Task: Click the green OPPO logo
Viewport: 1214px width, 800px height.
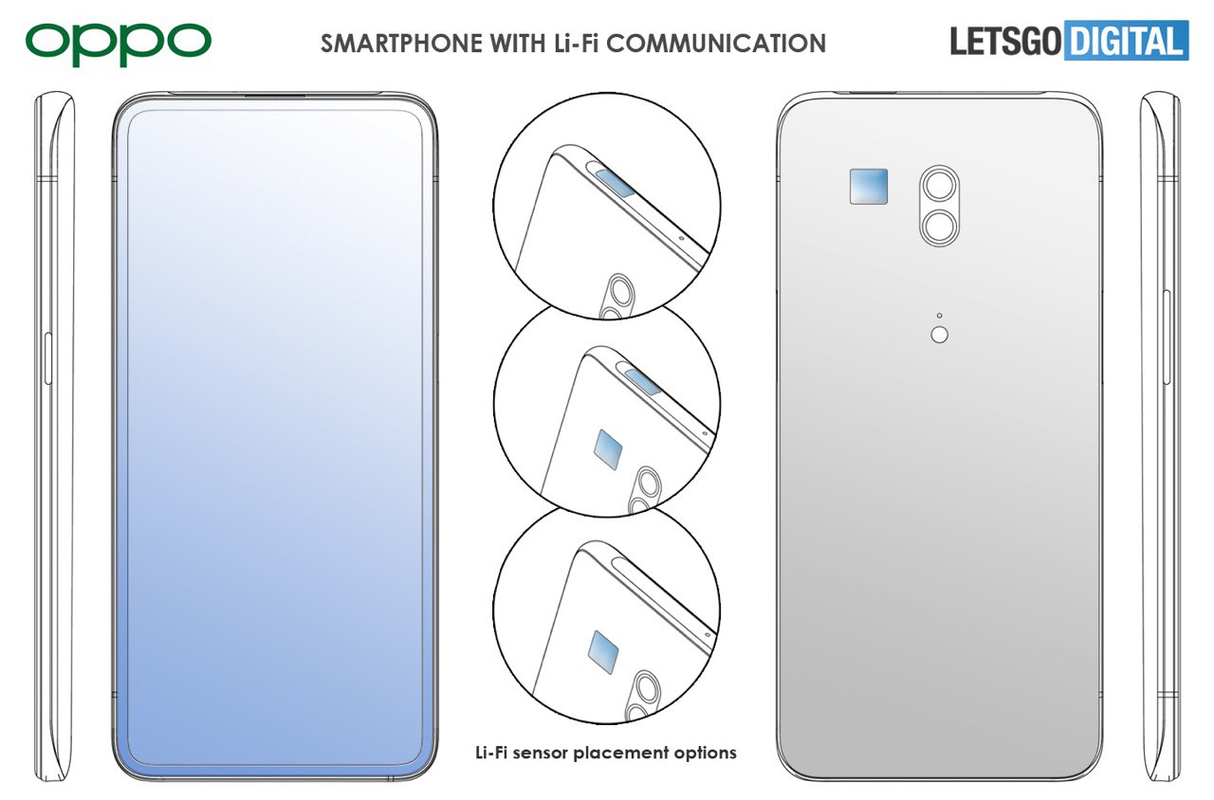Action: click(119, 44)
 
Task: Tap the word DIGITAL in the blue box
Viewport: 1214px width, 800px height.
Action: click(1127, 41)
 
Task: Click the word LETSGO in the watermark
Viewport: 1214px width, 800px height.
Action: click(1005, 41)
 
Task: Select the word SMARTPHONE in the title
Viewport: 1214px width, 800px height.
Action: click(401, 44)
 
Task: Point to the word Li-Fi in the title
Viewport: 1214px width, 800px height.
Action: click(576, 44)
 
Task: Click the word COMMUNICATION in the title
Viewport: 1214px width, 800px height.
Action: click(716, 44)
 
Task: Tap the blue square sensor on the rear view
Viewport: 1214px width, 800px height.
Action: click(868, 187)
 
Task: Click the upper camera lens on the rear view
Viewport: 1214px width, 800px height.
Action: click(940, 185)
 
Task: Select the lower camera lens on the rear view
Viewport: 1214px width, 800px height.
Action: click(940, 226)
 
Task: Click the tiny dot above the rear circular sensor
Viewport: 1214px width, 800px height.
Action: click(939, 316)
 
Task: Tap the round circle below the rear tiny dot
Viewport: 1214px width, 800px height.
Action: click(939, 335)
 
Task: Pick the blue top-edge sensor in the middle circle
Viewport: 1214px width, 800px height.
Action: click(643, 381)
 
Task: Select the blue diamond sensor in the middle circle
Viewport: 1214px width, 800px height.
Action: click(608, 449)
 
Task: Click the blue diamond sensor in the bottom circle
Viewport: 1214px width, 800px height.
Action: click(603, 651)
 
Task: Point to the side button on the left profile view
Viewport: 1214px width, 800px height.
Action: click(47, 358)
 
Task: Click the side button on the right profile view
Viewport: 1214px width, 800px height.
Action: click(1166, 336)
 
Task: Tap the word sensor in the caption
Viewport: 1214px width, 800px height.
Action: click(541, 754)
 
